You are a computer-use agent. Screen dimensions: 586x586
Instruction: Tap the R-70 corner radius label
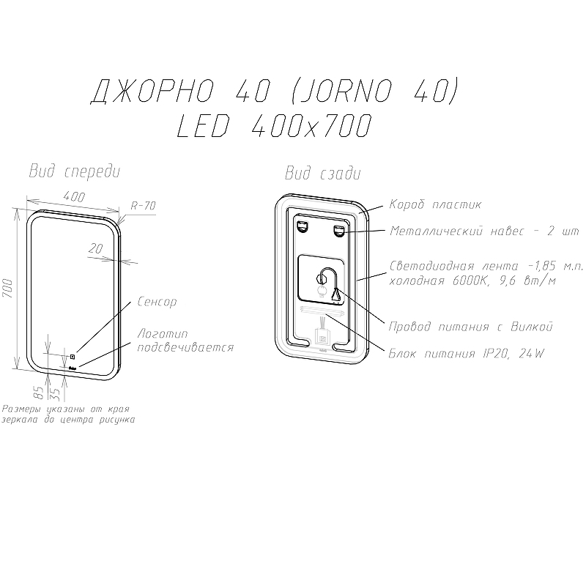pos(143,206)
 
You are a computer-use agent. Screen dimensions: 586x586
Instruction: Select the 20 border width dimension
pos(95,249)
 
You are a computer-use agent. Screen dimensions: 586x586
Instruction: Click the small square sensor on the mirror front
pos(73,357)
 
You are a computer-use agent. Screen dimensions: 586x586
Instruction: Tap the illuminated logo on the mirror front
pos(73,368)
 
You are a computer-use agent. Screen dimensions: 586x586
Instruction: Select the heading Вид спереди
pos(73,171)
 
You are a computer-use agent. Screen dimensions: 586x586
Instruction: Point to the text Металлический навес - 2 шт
pos(483,231)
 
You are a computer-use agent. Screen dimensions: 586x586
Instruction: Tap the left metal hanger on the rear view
pos(302,229)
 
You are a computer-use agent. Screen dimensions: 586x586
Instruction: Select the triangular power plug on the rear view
pos(336,294)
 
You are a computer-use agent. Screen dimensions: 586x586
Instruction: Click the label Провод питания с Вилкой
pos(470,326)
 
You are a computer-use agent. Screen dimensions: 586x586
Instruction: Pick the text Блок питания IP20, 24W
pos(467,355)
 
